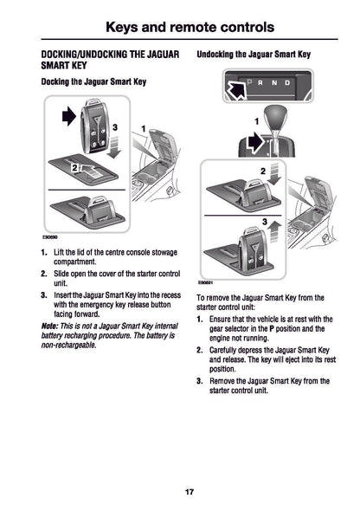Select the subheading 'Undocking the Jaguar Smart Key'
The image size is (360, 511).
pos(254,55)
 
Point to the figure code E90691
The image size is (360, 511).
pos(204,281)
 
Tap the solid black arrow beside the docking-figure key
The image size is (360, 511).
pos(68,115)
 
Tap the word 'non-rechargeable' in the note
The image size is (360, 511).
pos(68,345)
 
